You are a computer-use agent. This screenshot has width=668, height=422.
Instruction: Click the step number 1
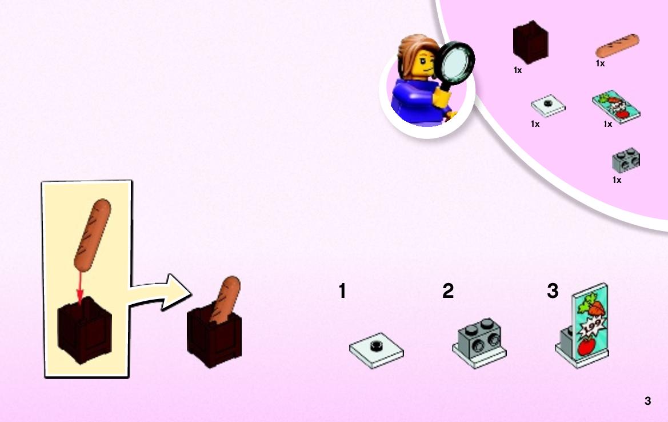tap(342, 291)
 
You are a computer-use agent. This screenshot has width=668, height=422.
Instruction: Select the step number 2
tap(448, 291)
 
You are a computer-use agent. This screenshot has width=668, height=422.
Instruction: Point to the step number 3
tap(553, 291)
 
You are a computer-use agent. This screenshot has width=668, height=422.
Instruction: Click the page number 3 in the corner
tap(647, 401)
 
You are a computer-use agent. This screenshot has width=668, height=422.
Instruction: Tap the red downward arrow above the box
tap(79, 288)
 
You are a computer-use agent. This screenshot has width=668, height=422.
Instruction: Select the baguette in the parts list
tap(617, 46)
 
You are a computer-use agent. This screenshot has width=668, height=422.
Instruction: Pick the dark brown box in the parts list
tap(530, 42)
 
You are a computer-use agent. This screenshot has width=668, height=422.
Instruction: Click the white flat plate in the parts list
tap(548, 105)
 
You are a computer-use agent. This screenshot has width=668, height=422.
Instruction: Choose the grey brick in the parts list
tap(626, 160)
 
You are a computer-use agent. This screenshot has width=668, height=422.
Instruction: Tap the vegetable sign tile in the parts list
tap(616, 106)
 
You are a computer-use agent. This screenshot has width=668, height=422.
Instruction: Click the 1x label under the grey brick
tap(617, 180)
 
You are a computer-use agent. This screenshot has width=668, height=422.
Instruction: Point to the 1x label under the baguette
tap(600, 63)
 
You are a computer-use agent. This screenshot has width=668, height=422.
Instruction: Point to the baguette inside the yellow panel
tap(92, 235)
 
